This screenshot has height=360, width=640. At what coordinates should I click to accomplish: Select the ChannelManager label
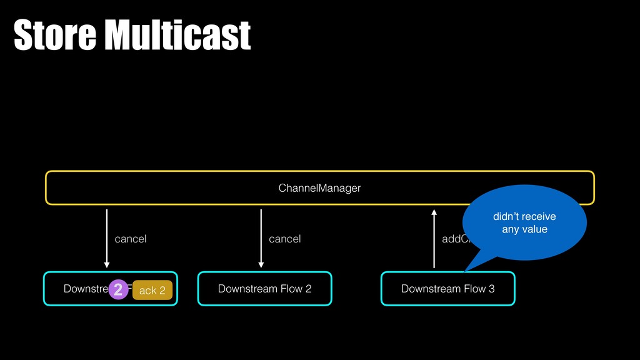[x=319, y=187]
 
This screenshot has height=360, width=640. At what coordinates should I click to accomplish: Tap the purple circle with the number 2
[x=118, y=289]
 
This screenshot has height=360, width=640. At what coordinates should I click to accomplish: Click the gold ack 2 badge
[x=152, y=290]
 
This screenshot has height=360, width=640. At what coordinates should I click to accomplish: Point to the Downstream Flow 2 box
[x=264, y=289]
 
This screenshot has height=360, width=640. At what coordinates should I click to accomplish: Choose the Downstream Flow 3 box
[x=447, y=289]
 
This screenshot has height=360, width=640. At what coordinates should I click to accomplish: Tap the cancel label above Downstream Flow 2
[x=284, y=239]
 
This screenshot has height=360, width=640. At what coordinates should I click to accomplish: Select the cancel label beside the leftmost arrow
[x=131, y=239]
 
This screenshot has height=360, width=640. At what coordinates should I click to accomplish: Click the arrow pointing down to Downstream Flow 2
[x=261, y=238]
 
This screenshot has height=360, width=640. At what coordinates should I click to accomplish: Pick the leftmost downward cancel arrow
[x=107, y=238]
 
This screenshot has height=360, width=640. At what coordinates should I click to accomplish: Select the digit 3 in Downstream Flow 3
[x=492, y=289]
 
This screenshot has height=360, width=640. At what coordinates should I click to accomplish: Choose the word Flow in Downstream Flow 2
[x=291, y=289]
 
